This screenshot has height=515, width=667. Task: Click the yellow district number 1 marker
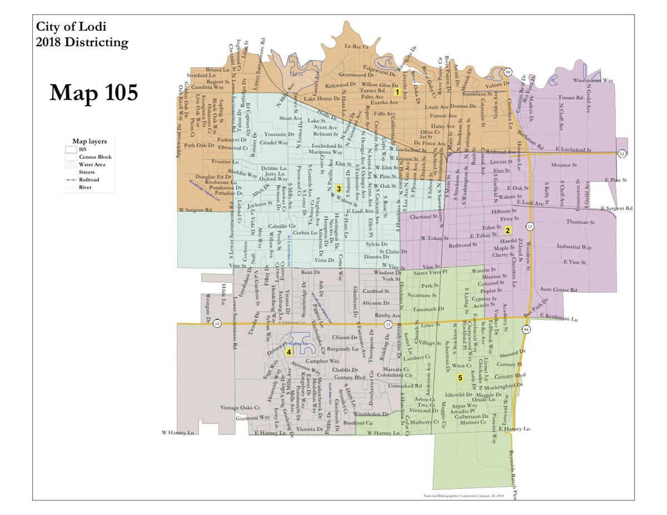[397, 92]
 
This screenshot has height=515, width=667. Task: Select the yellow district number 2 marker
[507, 229]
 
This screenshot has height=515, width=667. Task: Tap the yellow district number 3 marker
[338, 189]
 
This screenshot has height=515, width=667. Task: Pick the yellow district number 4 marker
[288, 352]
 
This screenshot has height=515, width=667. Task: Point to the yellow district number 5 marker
[460, 378]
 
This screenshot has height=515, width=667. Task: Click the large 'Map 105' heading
[93, 93]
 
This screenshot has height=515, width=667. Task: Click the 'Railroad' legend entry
[89, 179]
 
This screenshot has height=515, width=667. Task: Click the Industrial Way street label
[574, 247]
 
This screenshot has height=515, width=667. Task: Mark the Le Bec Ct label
[357, 46]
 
